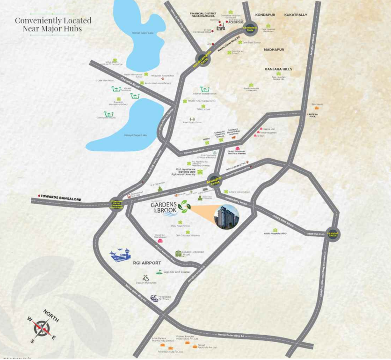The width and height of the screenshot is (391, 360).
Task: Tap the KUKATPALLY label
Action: (x=296, y=15)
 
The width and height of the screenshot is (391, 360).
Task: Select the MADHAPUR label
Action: (x=274, y=49)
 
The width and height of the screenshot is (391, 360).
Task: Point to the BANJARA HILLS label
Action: (x=278, y=69)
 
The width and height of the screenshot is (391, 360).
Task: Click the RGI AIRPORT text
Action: (x=147, y=263)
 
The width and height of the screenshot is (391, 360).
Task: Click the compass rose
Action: (x=42, y=328)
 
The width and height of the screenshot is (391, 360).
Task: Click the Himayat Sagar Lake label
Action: (x=135, y=135)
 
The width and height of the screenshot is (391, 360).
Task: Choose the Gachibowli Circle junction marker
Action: (x=250, y=29)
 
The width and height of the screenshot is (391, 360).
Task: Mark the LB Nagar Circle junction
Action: (x=333, y=234)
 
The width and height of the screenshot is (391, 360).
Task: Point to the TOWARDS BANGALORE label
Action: (x=60, y=198)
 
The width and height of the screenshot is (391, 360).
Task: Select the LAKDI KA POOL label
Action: (x=312, y=115)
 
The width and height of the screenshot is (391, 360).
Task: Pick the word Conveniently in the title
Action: (x=37, y=21)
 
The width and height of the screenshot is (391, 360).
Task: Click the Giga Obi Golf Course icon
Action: (x=159, y=272)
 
